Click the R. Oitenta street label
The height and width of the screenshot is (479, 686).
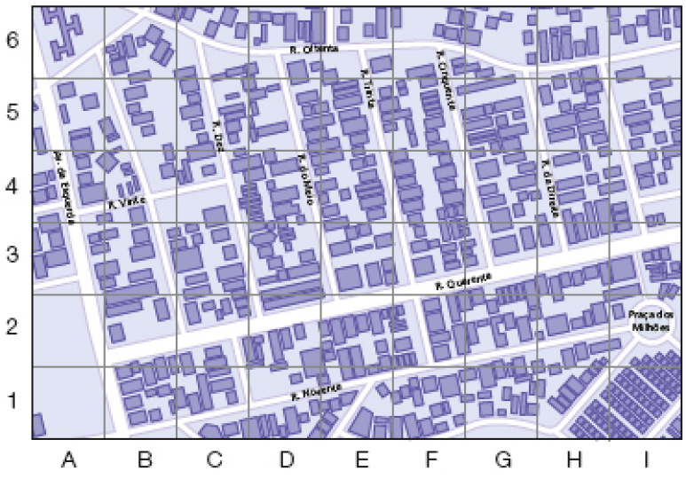(x=314, y=51)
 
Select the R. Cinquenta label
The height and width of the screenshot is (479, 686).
(x=446, y=80)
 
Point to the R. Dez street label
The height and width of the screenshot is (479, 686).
(x=220, y=137)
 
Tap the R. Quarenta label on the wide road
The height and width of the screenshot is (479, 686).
(x=463, y=282)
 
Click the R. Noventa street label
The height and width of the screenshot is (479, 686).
(x=316, y=393)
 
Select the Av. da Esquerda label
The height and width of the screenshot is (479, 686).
(x=59, y=186)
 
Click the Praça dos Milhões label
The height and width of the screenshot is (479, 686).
(x=651, y=320)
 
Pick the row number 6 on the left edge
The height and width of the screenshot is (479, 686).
(x=13, y=42)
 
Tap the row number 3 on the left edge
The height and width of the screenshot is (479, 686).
(x=13, y=257)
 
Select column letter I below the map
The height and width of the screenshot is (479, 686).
(x=647, y=459)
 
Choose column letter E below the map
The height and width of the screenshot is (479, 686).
(x=359, y=459)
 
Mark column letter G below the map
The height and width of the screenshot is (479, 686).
(x=502, y=459)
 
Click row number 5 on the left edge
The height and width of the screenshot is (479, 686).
(x=13, y=114)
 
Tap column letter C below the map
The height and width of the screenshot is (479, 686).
(x=213, y=459)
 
